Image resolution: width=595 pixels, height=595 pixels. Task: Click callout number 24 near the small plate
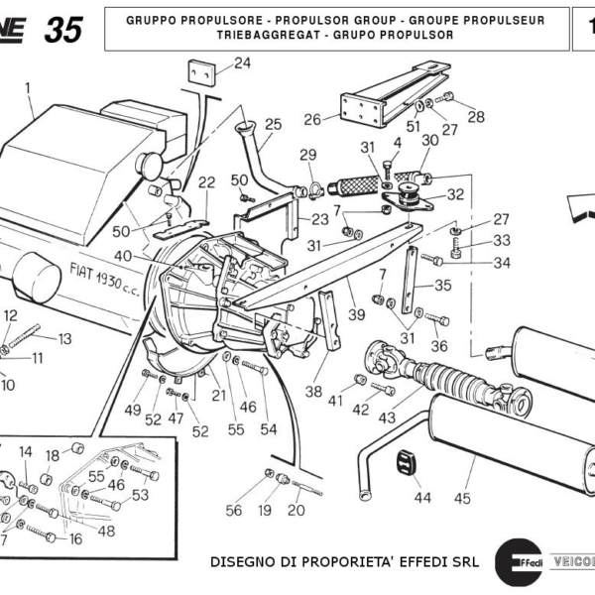243,64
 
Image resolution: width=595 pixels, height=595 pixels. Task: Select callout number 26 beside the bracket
312,120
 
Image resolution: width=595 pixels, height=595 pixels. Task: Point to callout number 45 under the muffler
462,498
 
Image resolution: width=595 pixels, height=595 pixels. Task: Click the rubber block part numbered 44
406,462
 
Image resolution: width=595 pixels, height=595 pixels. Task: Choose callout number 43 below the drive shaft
387,418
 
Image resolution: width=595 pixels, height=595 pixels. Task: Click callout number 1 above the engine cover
29,87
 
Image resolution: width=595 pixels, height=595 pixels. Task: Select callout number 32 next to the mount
455,194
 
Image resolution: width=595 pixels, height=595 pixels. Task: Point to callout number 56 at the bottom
233,511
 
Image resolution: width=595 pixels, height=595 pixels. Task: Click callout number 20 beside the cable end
297,511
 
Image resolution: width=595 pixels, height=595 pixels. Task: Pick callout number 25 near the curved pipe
273,125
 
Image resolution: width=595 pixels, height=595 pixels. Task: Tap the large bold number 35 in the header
63,31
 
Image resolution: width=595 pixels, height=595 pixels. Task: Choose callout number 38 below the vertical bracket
313,392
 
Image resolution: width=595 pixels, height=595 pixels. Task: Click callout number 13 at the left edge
65,339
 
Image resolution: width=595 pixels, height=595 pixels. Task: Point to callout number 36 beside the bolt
439,347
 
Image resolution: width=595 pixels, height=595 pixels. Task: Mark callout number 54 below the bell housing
269,429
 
